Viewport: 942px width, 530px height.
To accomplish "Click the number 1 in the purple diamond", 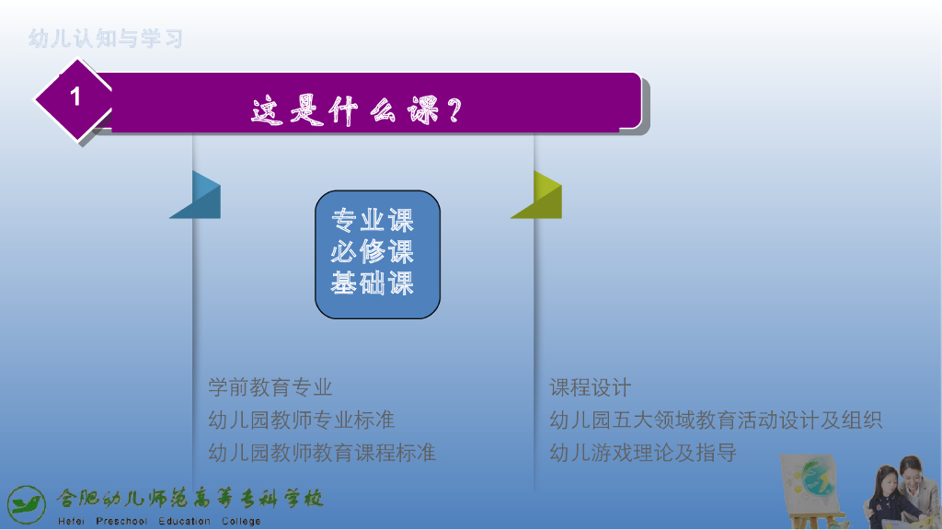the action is point(75,96).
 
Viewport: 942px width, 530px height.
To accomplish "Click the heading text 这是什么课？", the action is point(357,110).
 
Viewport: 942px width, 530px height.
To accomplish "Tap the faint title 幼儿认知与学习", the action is point(105,39).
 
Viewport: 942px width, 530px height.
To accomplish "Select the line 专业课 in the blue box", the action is point(373,221).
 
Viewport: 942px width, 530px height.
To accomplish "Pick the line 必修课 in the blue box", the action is point(373,252).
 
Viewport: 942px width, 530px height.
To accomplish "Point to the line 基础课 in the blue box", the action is point(373,283).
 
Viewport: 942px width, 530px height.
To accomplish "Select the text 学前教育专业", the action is point(270,387).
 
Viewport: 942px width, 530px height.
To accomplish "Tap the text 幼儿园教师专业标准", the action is point(302,420).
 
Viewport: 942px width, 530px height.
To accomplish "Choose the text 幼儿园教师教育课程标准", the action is point(322,453).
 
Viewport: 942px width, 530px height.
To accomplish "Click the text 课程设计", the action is point(590,387).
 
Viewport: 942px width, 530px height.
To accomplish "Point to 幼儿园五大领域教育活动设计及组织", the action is point(716,420).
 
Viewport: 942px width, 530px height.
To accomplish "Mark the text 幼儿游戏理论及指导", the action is point(643,453).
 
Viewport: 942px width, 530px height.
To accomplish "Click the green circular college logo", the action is point(27,505).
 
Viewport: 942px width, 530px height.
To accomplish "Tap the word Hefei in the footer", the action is point(71,521).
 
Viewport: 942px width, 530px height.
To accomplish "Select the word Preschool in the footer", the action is point(121,521).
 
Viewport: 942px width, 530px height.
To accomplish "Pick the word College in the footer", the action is point(241,521).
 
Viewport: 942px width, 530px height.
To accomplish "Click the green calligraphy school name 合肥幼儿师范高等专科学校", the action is point(190,498).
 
